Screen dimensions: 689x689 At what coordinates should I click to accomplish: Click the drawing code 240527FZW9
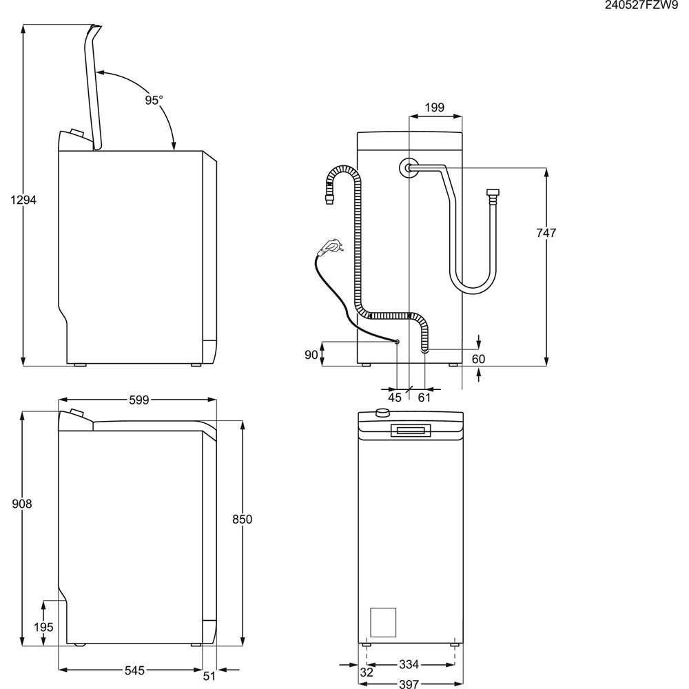[x=641, y=6]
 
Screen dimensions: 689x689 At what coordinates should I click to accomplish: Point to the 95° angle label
[x=154, y=100]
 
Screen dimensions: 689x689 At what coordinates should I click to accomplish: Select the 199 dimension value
[x=434, y=107]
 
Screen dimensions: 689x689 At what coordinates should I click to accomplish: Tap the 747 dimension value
[x=546, y=234]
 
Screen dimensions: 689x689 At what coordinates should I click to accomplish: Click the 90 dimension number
[x=311, y=354]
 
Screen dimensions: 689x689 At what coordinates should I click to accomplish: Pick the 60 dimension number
[x=478, y=358]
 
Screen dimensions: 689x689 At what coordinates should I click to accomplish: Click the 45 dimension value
[x=394, y=398]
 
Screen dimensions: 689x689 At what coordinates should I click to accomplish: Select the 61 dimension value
[x=424, y=398]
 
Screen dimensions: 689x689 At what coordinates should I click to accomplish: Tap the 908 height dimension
[x=22, y=504]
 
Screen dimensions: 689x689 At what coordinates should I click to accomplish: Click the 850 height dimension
[x=242, y=520]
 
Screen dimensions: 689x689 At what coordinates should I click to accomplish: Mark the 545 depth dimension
[x=134, y=670]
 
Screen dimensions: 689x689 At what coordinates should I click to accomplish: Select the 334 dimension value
[x=409, y=665]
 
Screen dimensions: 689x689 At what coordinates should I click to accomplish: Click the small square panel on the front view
[x=383, y=621]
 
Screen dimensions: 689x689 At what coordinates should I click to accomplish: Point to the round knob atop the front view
[x=380, y=413]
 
